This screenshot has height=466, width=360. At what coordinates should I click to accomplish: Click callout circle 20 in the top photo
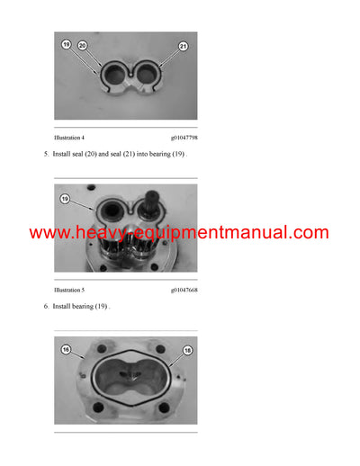[82, 44]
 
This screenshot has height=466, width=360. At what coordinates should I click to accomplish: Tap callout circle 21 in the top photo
[183, 45]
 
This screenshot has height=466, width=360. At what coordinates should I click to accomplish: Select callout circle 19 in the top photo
[65, 43]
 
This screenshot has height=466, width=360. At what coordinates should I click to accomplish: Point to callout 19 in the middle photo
[65, 199]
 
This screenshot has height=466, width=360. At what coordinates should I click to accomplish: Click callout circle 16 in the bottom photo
[66, 349]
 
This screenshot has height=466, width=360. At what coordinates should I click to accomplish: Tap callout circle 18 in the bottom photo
[188, 349]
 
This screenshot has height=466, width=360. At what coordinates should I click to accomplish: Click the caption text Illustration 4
[69, 139]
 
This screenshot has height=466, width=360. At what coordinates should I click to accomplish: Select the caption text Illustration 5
[69, 290]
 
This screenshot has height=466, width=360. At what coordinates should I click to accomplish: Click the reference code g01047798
[184, 139]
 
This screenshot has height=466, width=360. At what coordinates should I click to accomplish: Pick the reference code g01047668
[184, 290]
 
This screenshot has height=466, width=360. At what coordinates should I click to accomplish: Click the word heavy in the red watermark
[100, 233]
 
